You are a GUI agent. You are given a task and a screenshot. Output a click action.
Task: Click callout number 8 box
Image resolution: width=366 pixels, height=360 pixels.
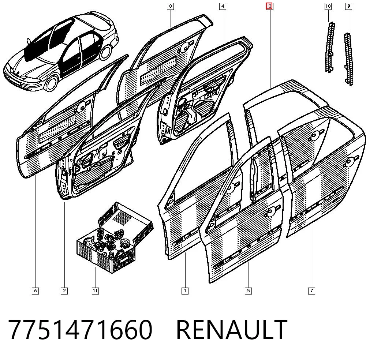pos(171,6)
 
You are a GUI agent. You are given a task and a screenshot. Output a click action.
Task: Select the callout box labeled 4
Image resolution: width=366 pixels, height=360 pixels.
pos(223,6)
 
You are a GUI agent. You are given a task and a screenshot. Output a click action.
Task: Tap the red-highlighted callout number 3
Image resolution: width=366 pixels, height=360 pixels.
pos(270,6)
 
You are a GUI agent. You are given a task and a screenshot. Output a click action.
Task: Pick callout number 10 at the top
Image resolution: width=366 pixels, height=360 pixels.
pos(328,6)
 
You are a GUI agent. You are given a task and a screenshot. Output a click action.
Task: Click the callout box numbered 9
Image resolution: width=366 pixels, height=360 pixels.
pos(348,6)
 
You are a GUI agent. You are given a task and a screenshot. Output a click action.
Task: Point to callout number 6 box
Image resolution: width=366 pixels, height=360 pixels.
pos(35,291)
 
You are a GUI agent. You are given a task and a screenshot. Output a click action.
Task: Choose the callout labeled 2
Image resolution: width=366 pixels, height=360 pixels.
pos(64,291)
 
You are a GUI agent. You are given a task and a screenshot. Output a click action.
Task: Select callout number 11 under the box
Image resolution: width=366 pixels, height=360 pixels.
pos(95,291)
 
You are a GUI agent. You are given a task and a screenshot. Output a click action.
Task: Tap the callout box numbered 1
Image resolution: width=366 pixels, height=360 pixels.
pos(185,291)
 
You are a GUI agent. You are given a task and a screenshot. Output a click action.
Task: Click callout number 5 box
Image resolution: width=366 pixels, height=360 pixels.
pos(249,291)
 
